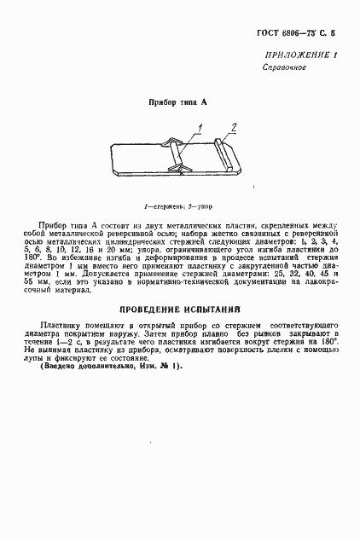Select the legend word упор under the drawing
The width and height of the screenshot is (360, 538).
point(206,206)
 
